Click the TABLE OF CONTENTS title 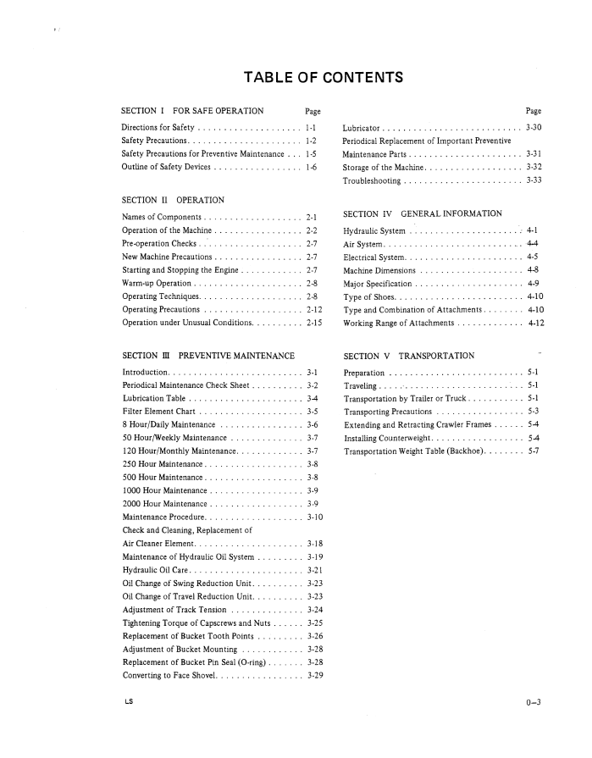tap(322, 79)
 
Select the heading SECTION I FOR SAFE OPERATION tap(192, 111)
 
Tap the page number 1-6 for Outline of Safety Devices tap(312, 167)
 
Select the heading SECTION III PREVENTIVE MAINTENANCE tap(208, 355)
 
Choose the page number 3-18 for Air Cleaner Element tap(315, 543)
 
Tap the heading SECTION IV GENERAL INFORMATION tap(423, 213)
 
